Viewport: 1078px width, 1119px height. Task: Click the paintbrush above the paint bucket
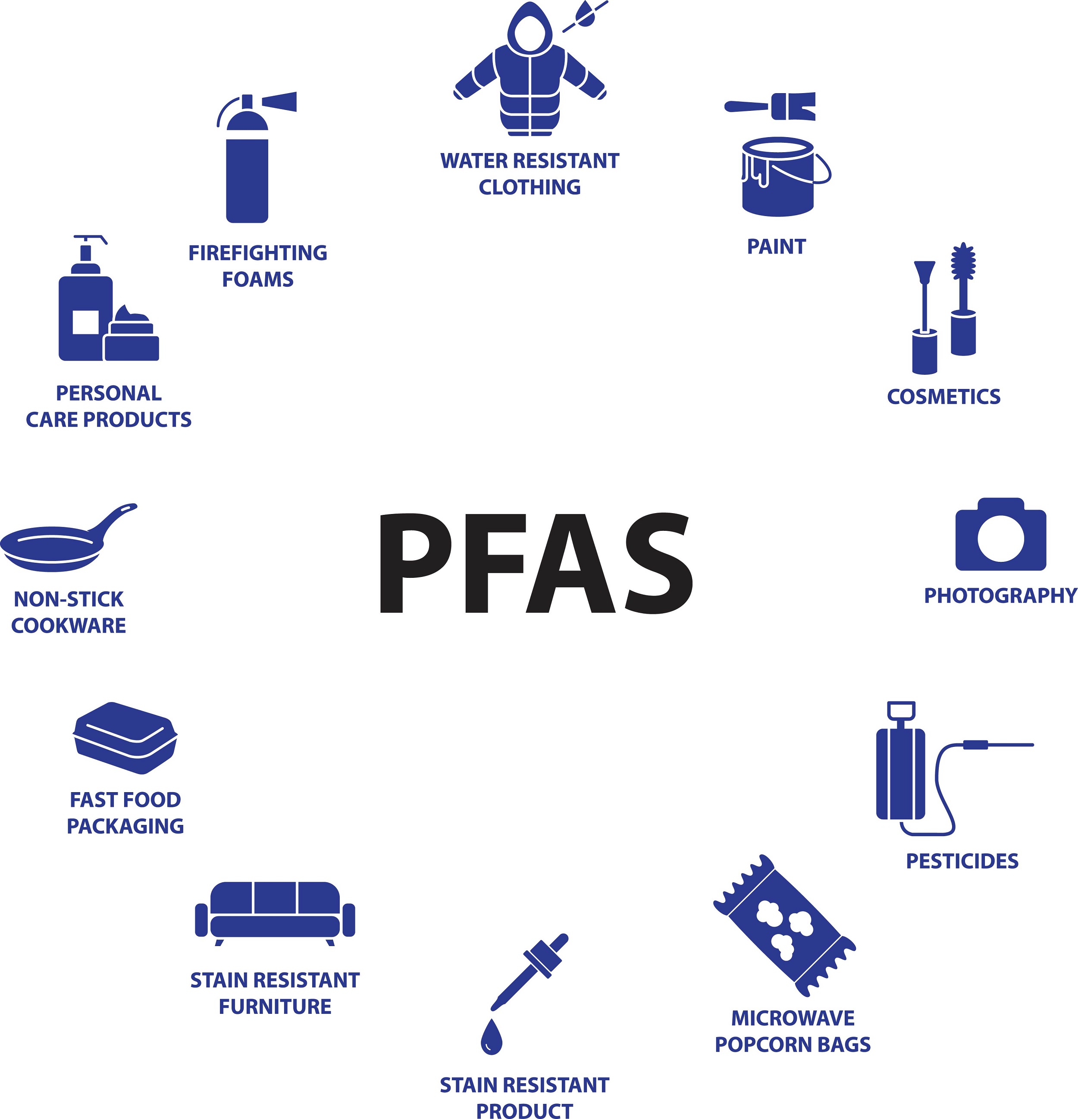tap(770, 106)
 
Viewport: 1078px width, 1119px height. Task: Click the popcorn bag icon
tap(784, 925)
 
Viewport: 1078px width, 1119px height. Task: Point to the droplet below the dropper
tap(491, 1036)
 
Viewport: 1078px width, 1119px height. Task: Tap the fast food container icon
tap(125, 738)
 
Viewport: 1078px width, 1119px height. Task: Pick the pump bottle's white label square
tap(86, 323)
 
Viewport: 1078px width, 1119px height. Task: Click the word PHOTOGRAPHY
tap(1000, 596)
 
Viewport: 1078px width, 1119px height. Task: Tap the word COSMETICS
tap(944, 397)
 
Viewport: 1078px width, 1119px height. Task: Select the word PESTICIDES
tap(962, 861)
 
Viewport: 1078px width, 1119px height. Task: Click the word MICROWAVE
tap(793, 1018)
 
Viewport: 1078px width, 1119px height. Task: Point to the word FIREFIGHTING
tap(258, 253)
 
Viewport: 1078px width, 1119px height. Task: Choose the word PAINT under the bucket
tap(777, 247)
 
